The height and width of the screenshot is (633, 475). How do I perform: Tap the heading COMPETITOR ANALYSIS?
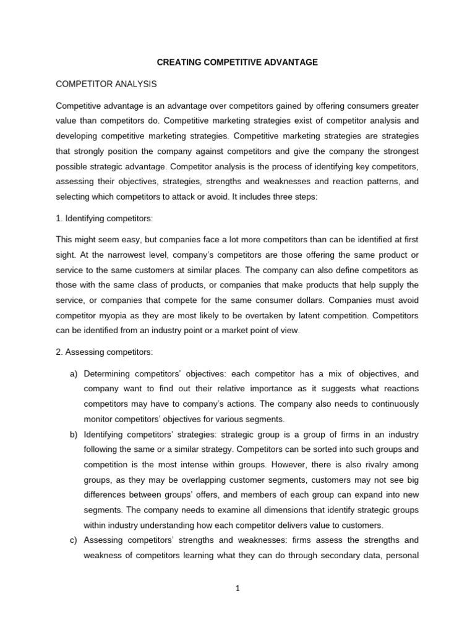point(105,83)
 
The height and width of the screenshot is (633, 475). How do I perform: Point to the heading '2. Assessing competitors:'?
point(104,352)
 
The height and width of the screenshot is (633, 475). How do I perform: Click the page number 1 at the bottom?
point(237,588)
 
